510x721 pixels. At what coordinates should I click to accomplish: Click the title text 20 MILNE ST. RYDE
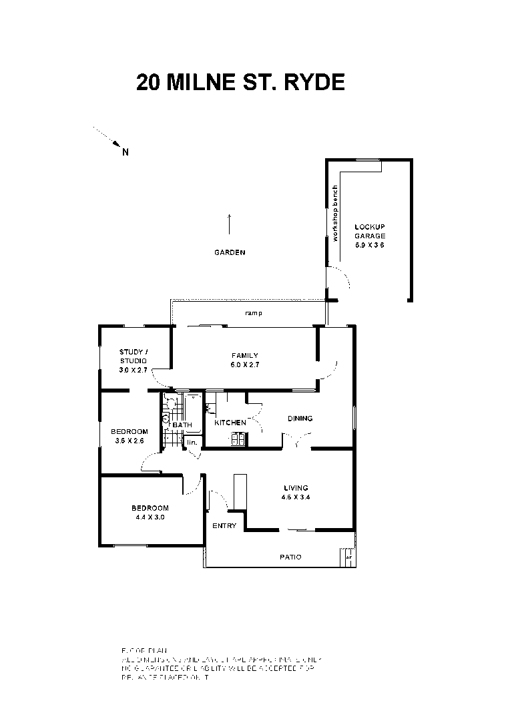(x=240, y=82)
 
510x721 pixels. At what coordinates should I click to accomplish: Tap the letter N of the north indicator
(x=125, y=152)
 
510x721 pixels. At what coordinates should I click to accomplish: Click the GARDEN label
(x=230, y=253)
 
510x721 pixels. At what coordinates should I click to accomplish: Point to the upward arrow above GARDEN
(x=230, y=224)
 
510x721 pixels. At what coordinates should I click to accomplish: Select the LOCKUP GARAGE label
(x=369, y=231)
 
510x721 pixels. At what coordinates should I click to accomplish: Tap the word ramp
(x=252, y=313)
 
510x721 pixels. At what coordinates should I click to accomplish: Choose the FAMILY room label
(x=244, y=356)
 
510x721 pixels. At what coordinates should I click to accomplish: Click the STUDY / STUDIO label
(x=134, y=356)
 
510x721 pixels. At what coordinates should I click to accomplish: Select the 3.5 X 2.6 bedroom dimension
(x=129, y=441)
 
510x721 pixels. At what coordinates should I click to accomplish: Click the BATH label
(x=182, y=425)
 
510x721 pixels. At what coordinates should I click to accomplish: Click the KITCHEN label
(x=230, y=423)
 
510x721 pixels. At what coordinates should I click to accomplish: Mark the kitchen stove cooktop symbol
(x=238, y=439)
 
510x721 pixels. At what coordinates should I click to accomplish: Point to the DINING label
(x=300, y=419)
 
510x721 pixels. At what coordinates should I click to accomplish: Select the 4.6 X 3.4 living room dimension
(x=295, y=497)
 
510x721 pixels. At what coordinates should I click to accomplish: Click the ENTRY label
(x=224, y=526)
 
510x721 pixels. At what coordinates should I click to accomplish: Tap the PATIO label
(x=290, y=557)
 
